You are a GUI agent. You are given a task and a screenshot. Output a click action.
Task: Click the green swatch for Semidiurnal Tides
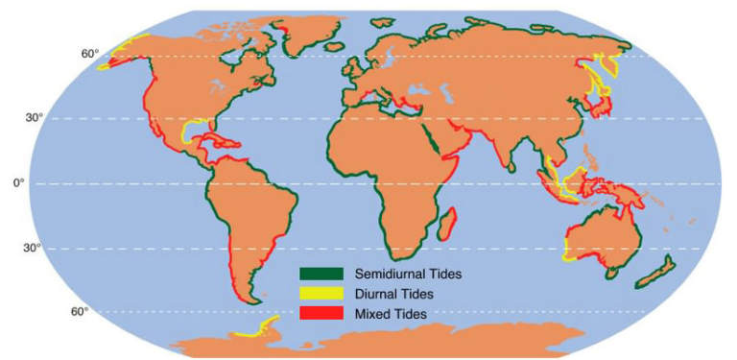tap(321, 274)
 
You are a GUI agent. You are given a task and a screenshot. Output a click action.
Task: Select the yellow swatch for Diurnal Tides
tap(321, 293)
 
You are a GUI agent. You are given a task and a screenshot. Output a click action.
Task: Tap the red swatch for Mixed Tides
tap(321, 313)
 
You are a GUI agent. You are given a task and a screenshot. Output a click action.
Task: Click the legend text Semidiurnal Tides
tap(408, 274)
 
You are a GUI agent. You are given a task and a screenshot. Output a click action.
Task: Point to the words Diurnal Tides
tap(394, 294)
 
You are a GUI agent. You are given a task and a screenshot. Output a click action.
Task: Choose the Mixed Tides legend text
tap(391, 314)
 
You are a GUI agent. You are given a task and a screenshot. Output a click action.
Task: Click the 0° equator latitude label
tap(18, 182)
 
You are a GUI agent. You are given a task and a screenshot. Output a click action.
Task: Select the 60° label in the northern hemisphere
tap(89, 54)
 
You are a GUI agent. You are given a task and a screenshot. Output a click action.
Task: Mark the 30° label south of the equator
tap(32, 248)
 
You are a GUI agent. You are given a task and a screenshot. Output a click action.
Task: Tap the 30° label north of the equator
tap(33, 118)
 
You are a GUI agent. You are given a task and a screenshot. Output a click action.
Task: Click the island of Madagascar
tap(447, 227)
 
